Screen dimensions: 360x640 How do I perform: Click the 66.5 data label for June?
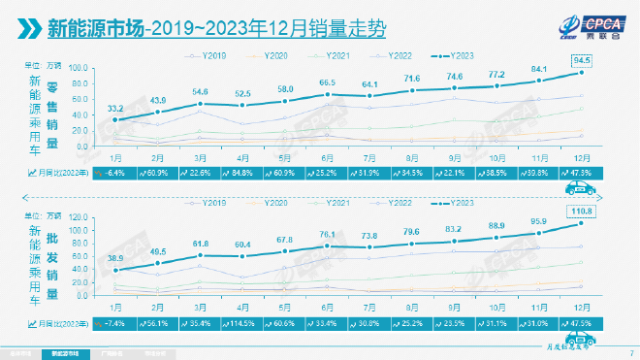pyautogui.click(x=328, y=82)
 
